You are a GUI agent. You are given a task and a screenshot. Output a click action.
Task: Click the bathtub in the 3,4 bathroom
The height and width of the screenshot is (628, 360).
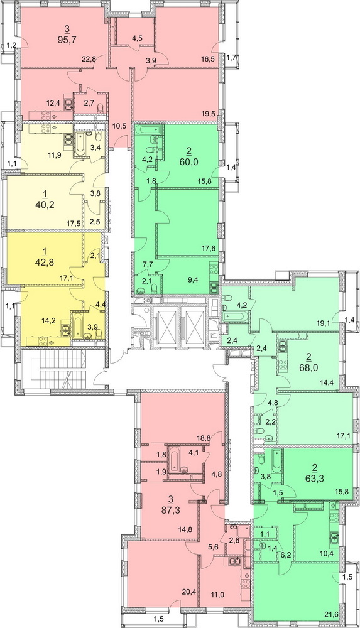[79, 146]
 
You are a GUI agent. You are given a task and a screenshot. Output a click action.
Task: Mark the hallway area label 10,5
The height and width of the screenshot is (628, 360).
[119, 126]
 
